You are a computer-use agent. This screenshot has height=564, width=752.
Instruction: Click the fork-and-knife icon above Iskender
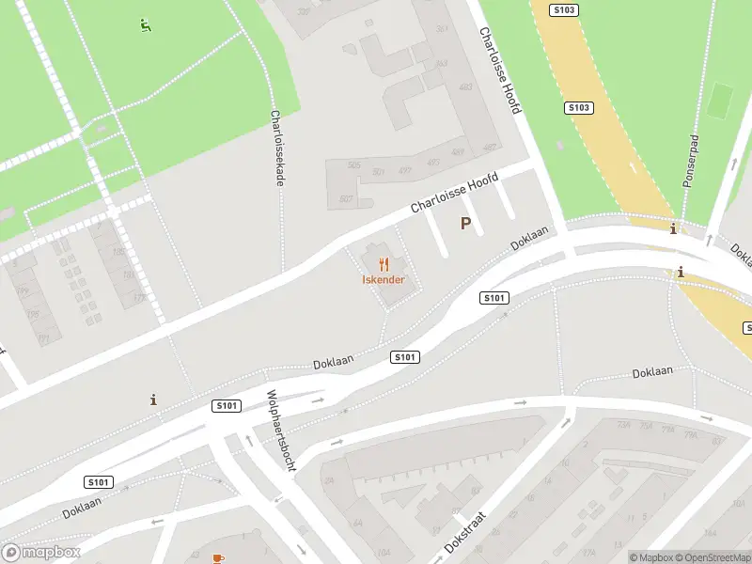(x=384, y=265)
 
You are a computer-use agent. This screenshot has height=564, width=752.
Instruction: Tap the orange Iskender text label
(x=384, y=280)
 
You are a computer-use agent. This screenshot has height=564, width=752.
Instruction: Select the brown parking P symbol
(x=464, y=223)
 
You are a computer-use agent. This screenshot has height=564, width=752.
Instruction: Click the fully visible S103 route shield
(x=579, y=108)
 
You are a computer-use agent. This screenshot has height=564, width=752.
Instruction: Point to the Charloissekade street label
(x=277, y=148)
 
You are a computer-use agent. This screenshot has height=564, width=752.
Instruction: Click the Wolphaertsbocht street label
(x=280, y=431)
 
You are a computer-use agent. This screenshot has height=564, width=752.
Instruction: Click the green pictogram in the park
(x=145, y=25)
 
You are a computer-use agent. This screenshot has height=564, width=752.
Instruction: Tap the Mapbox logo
(x=40, y=553)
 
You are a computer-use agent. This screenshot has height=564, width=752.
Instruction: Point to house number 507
(x=346, y=198)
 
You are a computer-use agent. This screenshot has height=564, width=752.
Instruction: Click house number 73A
(x=622, y=426)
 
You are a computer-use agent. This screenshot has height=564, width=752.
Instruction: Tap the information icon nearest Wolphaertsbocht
(x=154, y=399)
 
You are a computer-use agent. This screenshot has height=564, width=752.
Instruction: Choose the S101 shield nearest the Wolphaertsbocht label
(x=227, y=406)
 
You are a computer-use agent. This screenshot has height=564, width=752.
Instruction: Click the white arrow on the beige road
(x=632, y=168)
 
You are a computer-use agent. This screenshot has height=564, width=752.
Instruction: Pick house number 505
(x=353, y=165)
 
